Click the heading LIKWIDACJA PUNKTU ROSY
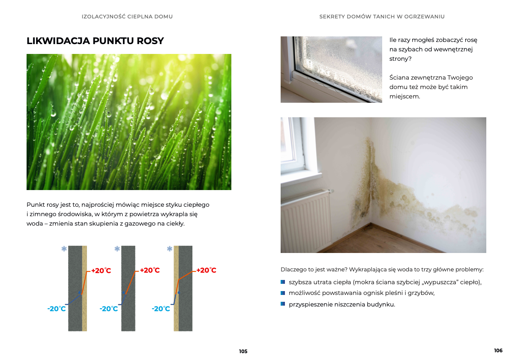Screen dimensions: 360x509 (x=95, y=41)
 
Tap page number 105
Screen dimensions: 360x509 (x=243, y=351)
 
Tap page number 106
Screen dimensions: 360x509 (x=498, y=351)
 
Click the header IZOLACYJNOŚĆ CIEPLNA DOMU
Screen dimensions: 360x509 (x=127, y=17)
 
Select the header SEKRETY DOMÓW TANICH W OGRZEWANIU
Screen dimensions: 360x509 (x=382, y=17)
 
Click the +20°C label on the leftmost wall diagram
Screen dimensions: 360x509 (x=101, y=271)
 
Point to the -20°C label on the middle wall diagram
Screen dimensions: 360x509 (x=109, y=309)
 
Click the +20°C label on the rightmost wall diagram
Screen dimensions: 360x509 (x=206, y=271)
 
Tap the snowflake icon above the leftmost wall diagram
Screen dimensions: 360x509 (x=64, y=249)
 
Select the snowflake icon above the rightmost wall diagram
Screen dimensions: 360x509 (x=170, y=249)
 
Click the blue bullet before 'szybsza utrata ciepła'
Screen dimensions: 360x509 (x=283, y=282)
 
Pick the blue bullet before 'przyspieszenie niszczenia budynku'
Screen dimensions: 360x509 (x=283, y=304)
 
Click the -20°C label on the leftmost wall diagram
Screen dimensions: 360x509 (x=57, y=309)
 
